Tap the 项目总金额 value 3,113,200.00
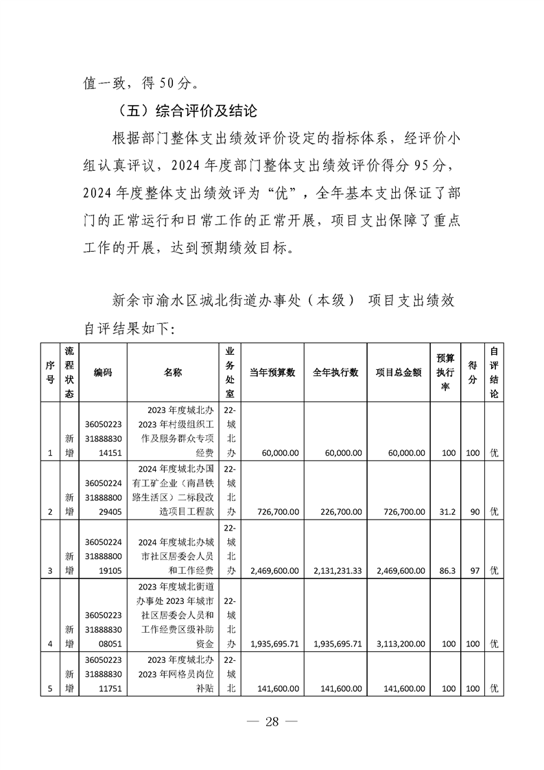click(x=400, y=644)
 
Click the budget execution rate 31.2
click(x=447, y=512)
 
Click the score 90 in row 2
click(x=473, y=512)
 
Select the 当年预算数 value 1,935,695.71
click(x=274, y=644)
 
